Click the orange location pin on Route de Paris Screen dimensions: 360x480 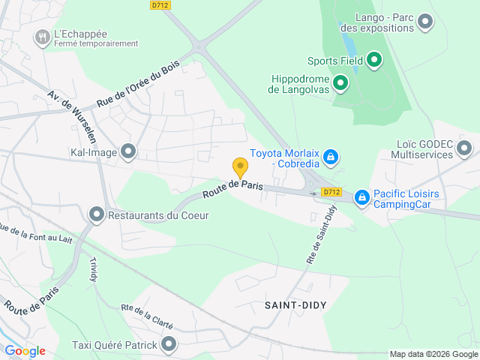[x=240, y=166]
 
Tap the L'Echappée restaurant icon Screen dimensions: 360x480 [x=43, y=35]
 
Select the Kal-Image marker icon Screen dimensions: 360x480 [x=128, y=152]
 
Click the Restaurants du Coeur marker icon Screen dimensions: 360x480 [x=97, y=215]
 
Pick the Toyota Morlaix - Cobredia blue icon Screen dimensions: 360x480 [x=331, y=157]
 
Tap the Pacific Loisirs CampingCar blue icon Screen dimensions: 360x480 [x=362, y=196]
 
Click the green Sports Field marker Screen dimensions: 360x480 [x=374, y=61]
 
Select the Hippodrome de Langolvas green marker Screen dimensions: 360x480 [x=340, y=82]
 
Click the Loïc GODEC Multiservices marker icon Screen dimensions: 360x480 [x=465, y=148]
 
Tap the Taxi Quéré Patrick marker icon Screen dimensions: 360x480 [x=169, y=345]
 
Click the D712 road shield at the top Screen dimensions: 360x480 [x=160, y=5]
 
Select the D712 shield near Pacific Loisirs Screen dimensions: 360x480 [x=331, y=192]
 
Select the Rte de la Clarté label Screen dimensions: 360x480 [x=147, y=317]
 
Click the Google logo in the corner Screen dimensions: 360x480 [x=25, y=351]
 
